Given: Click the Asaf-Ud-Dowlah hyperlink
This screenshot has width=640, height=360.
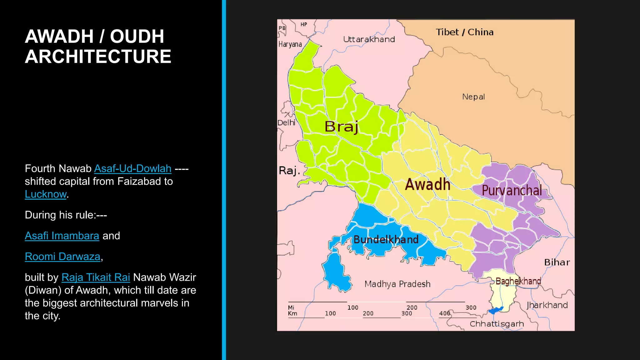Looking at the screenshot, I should coord(132,169).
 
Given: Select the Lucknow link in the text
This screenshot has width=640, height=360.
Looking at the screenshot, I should coord(46,194).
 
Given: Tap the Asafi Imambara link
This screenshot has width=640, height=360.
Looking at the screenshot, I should coord(62,236).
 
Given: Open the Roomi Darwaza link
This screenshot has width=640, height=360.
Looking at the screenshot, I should coord(62,257).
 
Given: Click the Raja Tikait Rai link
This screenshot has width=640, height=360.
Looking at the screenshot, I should coord(96,277).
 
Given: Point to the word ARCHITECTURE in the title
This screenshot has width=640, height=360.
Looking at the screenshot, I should coord(98,57).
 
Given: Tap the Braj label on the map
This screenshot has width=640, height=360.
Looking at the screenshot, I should coord(341,127).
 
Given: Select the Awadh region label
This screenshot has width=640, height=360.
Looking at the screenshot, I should coord(427,184).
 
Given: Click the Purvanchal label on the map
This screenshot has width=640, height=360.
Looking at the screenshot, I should coord(512,190).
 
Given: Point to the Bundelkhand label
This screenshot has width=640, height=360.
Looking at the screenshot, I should coord(386,240).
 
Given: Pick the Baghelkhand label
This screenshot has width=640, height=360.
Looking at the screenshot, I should coord(518,281).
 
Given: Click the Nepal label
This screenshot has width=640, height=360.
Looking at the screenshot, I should coord(473,97).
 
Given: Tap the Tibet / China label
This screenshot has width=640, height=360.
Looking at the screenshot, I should coord(464,32).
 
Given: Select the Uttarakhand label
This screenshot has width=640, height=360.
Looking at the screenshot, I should coord(369,39).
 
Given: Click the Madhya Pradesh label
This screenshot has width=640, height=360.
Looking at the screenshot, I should coord(397,284).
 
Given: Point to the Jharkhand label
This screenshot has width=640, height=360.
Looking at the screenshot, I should coord(547,305).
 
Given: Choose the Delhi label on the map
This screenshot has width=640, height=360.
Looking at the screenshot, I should coord(286,122).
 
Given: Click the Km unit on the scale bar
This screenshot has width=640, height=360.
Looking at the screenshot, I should coord(292,313).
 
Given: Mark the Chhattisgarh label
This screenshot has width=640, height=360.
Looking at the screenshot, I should coord(497,324).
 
